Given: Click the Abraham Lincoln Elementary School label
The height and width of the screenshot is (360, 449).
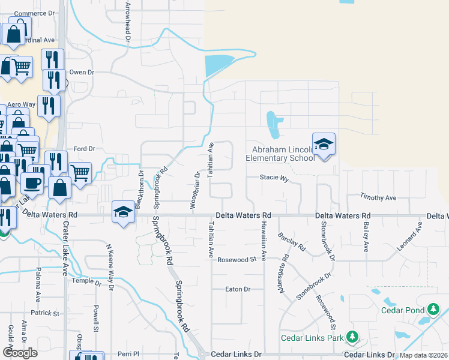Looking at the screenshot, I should (x=280, y=154).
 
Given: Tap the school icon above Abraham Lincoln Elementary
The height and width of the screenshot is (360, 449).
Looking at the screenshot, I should (x=324, y=145).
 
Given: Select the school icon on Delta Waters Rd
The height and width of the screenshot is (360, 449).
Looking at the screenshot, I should (x=123, y=212).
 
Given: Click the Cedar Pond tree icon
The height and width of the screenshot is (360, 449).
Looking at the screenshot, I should (x=432, y=310).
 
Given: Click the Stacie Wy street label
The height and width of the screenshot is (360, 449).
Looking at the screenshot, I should (x=274, y=178).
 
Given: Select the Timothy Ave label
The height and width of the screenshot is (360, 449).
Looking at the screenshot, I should (x=378, y=197).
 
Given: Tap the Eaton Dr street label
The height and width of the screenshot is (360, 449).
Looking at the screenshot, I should (x=237, y=289).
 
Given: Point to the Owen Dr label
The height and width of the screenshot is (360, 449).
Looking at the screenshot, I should (x=82, y=72).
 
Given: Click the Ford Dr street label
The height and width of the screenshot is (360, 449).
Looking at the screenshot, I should (x=84, y=148).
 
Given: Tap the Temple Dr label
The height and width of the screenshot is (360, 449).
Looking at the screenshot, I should (x=87, y=281).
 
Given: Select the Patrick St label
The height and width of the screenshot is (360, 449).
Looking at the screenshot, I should (x=46, y=313).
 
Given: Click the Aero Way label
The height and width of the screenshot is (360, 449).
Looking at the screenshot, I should (x=21, y=104).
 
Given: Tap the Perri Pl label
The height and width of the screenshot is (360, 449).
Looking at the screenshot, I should (x=128, y=354).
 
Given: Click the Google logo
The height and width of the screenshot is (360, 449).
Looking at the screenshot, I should (x=20, y=353).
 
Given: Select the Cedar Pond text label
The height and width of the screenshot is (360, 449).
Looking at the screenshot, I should (x=402, y=310).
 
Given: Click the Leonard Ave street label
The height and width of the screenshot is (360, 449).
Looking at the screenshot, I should (x=409, y=237).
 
